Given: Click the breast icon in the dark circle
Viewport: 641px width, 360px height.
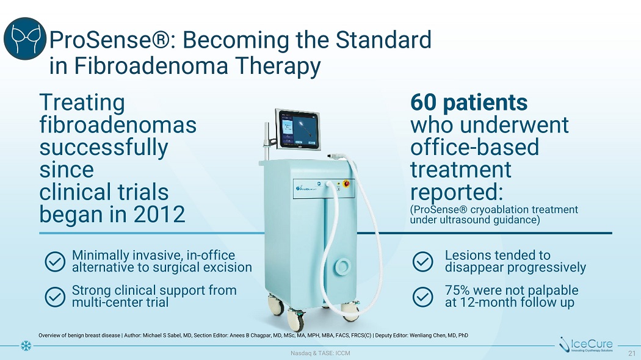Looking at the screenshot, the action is click(x=25, y=38).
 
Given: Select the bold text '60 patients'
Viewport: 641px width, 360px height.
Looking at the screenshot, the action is click(x=468, y=102).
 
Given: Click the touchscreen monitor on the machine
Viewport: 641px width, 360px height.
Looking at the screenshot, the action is click(x=298, y=129).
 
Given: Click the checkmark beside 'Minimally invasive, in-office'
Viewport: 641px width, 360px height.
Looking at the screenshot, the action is click(x=55, y=262).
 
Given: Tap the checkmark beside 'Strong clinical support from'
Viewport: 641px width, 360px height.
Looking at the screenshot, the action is click(x=55, y=297).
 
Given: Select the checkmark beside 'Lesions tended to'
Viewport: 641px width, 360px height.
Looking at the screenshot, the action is click(x=422, y=262).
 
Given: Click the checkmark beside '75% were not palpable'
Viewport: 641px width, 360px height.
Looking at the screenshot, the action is click(x=422, y=297).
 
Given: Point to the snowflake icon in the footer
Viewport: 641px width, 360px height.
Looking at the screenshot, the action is click(x=26, y=346).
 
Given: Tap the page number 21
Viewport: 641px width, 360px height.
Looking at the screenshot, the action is click(x=632, y=353).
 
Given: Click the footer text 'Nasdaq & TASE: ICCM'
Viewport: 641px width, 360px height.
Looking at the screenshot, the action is click(x=320, y=353).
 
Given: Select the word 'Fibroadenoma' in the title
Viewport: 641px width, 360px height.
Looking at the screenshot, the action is click(x=151, y=65).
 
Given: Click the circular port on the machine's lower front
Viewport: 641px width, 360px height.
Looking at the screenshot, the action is click(x=342, y=267).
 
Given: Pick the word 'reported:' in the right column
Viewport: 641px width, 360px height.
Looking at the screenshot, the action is click(x=456, y=192).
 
